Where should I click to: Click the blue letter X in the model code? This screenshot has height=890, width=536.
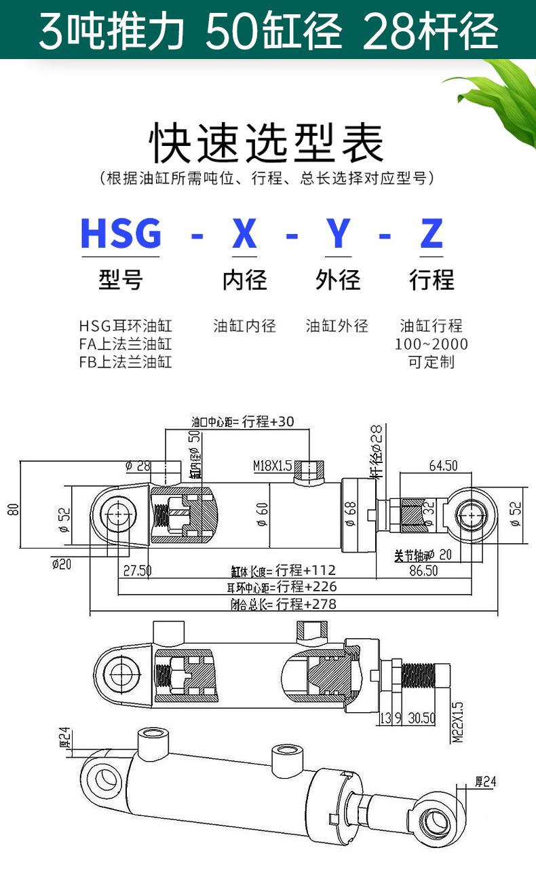244,234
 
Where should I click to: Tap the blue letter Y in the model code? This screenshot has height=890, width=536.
338,234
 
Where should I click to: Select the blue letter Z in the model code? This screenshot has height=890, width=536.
432,234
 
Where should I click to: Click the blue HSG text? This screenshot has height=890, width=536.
121,234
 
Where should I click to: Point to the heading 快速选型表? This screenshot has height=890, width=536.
267,143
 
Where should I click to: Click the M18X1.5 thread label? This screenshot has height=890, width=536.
272,466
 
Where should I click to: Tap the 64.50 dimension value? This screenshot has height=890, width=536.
443,466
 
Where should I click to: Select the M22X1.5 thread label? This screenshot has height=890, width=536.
457,722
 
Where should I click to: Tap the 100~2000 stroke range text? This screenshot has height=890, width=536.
432,344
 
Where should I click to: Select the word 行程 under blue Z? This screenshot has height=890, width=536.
432,280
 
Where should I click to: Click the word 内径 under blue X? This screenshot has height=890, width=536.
244,280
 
